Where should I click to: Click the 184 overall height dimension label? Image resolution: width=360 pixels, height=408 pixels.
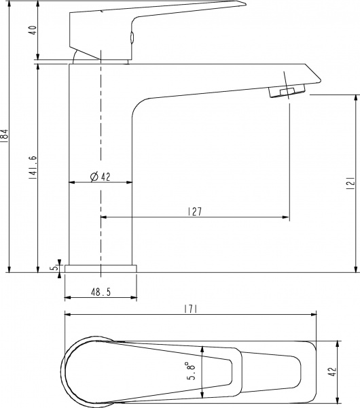pyautogui.click(x=5, y=135)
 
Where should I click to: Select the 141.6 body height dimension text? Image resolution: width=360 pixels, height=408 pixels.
pyautogui.click(x=33, y=168)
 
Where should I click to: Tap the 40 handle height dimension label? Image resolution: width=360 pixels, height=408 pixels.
pyautogui.click(x=34, y=31)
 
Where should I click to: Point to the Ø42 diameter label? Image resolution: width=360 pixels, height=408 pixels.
pyautogui.click(x=101, y=177)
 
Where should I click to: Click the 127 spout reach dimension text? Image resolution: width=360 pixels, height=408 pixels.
pyautogui.click(x=195, y=211)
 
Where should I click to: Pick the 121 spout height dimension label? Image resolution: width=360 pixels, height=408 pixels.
pyautogui.click(x=351, y=183)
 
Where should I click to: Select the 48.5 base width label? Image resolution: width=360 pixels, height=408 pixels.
pyautogui.click(x=101, y=292)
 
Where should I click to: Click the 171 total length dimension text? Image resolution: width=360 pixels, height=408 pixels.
pyautogui.click(x=191, y=309)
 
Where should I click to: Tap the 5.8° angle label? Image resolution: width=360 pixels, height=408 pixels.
pyautogui.click(x=192, y=374)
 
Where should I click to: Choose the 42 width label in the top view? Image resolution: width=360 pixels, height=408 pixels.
pyautogui.click(x=332, y=372)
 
